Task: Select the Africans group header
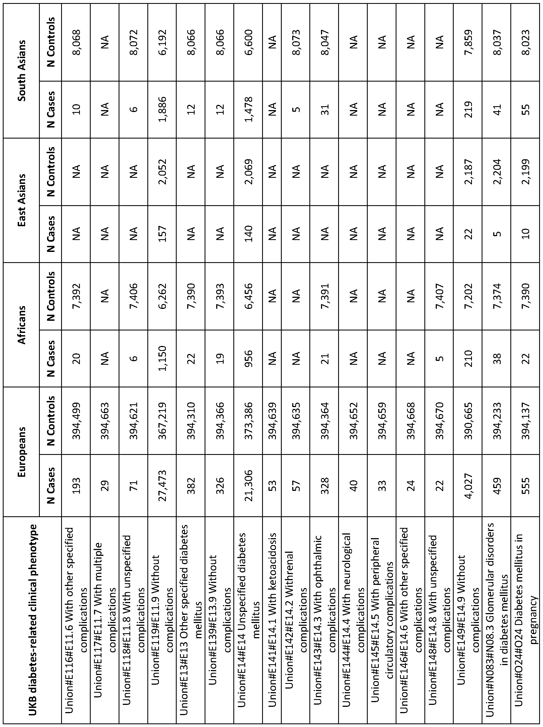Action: point(22,325)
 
